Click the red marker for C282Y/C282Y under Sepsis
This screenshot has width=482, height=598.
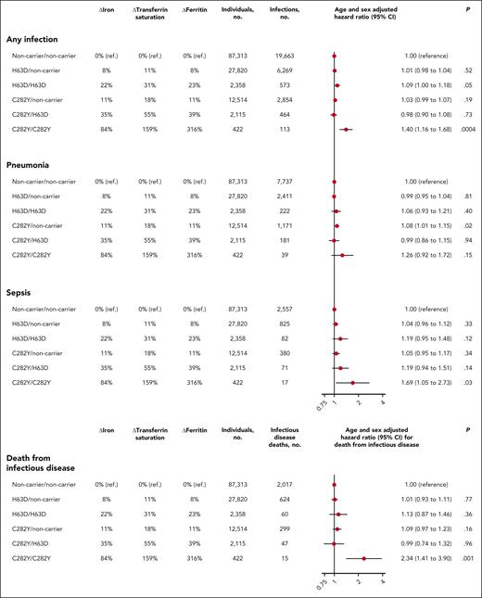pyautogui.click(x=352, y=381)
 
